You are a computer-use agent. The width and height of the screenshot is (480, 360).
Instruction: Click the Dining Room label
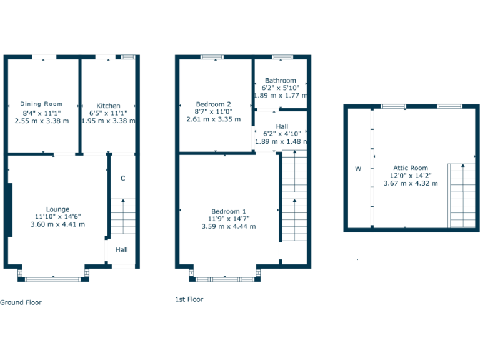pyautogui.click(x=41, y=104)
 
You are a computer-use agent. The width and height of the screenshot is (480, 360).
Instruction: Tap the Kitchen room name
pyautogui.click(x=108, y=106)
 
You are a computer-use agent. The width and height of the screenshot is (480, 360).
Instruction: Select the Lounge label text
pyautogui.click(x=57, y=209)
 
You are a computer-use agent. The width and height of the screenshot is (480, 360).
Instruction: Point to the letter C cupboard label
pyautogui.click(x=122, y=178)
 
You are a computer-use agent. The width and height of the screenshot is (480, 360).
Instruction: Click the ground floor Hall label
pyautogui.click(x=121, y=250)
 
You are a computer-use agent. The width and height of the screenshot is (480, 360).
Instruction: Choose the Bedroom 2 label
pyautogui.click(x=214, y=104)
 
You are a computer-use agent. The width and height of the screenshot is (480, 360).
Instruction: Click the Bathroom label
pyautogui.click(x=280, y=81)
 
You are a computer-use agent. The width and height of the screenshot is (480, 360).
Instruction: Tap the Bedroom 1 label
pyautogui.click(x=228, y=211)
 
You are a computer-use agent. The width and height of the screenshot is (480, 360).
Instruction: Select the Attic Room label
pyautogui.click(x=411, y=167)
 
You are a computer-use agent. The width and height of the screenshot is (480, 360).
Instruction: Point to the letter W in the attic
pyautogui.click(x=358, y=169)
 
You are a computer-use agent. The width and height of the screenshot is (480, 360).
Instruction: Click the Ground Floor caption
pyautogui.click(x=21, y=302)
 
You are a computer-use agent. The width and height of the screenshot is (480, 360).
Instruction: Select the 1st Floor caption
pyautogui.click(x=189, y=299)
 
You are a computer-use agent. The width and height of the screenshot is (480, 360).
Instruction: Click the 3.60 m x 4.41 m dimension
pyautogui.click(x=57, y=224)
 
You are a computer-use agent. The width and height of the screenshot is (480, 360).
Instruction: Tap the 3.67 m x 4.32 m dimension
pyautogui.click(x=411, y=183)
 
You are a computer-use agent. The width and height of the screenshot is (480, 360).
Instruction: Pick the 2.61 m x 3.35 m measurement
pyautogui.click(x=214, y=119)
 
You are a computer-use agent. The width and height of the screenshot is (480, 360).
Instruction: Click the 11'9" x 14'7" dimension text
pyautogui.click(x=228, y=219)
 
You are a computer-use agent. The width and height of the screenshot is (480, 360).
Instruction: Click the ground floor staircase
pyautogui.click(x=123, y=216)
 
